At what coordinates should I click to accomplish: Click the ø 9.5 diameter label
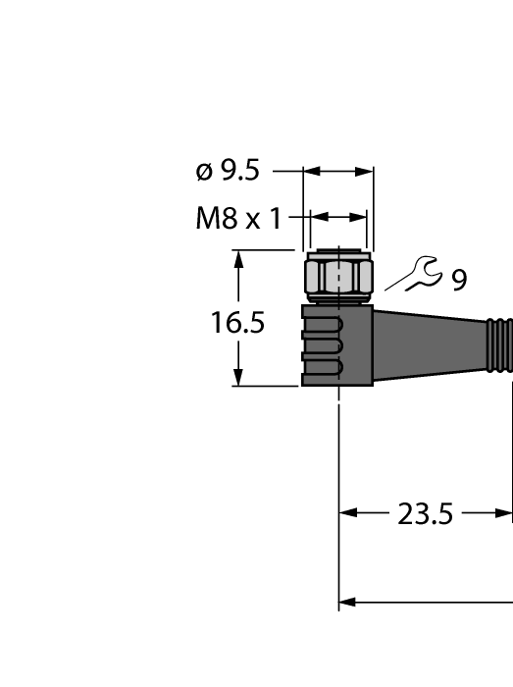pos(228,171)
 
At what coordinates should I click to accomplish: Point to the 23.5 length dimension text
pos(425,513)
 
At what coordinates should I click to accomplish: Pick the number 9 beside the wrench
pos(459,281)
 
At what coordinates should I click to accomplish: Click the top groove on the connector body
pos(323,324)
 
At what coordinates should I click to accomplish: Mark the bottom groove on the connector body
pos(323,368)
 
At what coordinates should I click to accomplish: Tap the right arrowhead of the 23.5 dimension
pos(505,513)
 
